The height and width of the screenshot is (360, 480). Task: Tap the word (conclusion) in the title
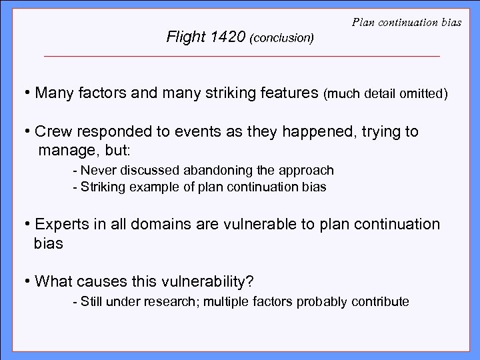[x=281, y=39]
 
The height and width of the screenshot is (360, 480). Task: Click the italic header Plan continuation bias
[x=405, y=23]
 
